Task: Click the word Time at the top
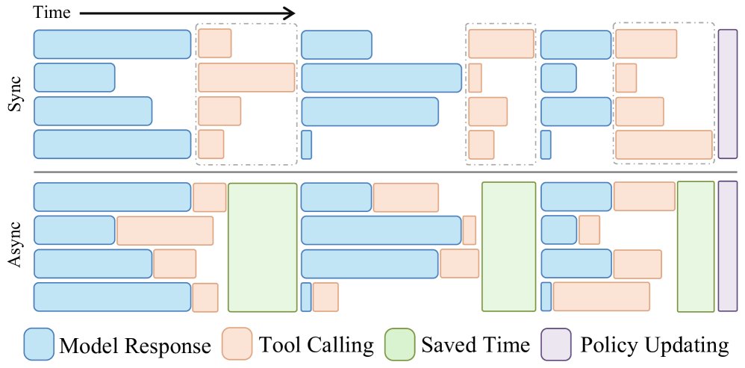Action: click(52, 13)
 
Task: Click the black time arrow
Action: click(187, 13)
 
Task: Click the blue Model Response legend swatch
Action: click(39, 344)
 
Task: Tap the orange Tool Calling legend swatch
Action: click(237, 344)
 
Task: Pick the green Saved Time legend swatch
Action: click(399, 344)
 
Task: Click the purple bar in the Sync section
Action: click(727, 94)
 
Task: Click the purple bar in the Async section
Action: click(727, 246)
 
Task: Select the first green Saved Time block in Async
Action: click(262, 247)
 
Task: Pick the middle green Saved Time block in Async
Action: click(508, 246)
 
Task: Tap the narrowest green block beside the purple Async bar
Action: click(696, 246)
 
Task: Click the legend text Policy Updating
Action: click(655, 346)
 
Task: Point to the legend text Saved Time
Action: click(475, 346)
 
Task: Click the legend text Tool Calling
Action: click(316, 346)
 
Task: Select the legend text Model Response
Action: click(135, 346)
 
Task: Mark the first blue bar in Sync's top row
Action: click(112, 44)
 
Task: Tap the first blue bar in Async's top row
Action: click(112, 196)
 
